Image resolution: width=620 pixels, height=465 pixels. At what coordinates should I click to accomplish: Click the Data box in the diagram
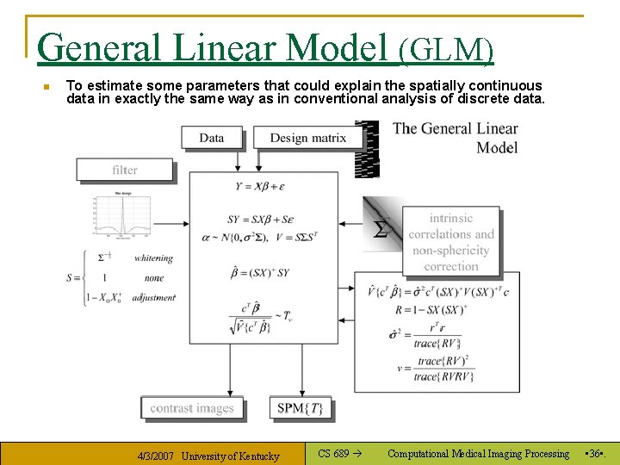[212, 138]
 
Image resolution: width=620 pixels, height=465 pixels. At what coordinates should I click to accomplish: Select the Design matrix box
[307, 138]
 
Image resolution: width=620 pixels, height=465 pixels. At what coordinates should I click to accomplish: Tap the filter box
[125, 170]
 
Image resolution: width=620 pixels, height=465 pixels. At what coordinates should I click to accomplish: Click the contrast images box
[192, 408]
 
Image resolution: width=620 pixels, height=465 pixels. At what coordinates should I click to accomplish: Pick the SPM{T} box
[301, 408]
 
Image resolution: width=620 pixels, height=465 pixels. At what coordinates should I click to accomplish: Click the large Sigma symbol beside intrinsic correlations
[380, 229]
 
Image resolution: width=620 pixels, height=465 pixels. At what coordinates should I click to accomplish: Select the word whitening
[153, 257]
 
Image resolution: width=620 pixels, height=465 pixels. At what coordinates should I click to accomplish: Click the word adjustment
[154, 297]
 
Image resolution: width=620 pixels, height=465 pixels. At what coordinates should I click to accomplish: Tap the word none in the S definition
[154, 278]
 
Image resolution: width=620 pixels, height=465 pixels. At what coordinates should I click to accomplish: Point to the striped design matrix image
[368, 148]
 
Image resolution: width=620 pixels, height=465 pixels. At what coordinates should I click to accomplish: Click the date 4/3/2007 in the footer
[155, 456]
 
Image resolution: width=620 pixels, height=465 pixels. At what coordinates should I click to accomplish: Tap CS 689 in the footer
[333, 454]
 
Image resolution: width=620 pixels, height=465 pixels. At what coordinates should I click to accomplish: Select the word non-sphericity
[450, 251]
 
